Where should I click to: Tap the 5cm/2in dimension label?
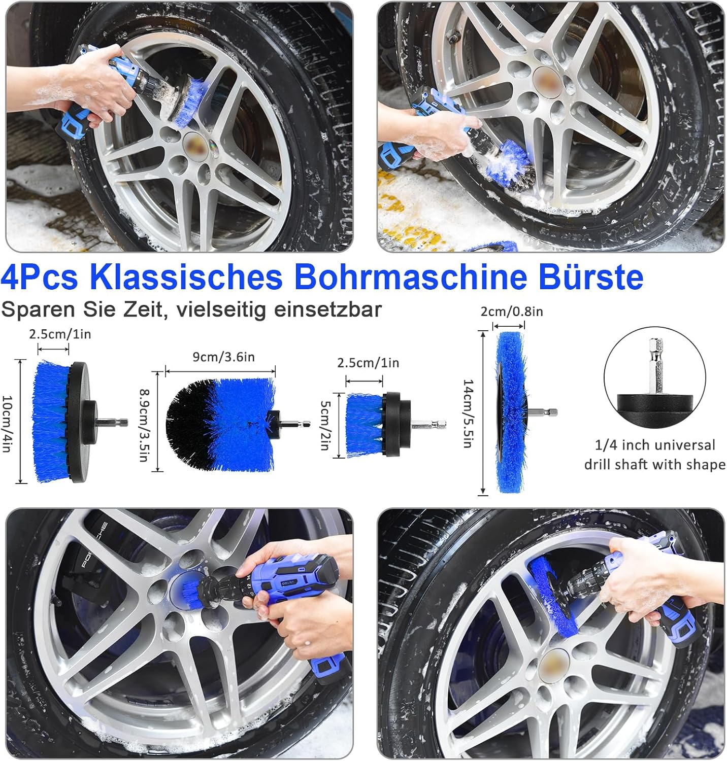coord(325,425)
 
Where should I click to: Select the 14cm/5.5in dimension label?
coord(468,413)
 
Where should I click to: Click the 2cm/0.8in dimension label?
coord(512,312)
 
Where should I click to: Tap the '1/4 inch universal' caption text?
coord(654,445)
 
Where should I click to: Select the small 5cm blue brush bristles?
coord(363,425)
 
